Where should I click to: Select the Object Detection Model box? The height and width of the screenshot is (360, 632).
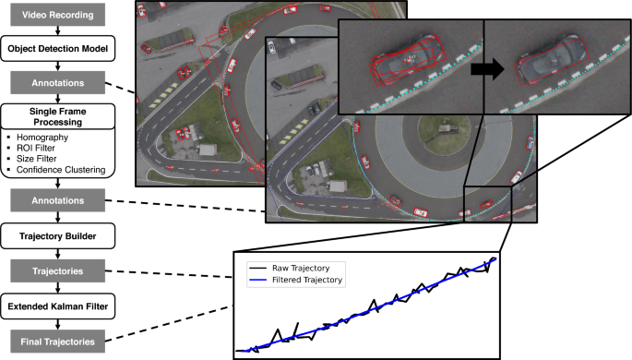(58, 49)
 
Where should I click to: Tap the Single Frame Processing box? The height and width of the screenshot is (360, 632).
(58, 115)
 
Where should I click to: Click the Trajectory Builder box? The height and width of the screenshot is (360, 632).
(58, 236)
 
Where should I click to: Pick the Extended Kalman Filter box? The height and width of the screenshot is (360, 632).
(58, 304)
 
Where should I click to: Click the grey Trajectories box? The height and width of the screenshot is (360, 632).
(58, 270)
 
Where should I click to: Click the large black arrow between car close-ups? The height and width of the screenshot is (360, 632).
(483, 68)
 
